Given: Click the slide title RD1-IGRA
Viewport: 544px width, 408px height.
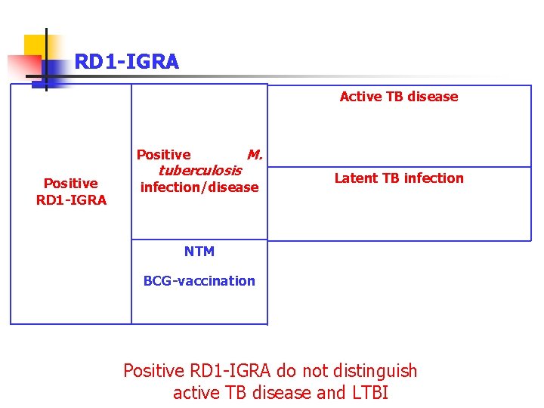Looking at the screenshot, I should [126, 62].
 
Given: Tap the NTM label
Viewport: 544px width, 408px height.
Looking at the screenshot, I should [199, 252].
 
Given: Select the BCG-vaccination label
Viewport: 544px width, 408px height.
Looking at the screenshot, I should [199, 281].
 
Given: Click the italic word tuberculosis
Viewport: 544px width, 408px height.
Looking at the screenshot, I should [199, 171].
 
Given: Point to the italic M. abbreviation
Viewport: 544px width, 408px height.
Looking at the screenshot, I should [255, 155].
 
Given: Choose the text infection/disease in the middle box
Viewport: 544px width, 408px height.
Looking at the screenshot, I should [199, 187].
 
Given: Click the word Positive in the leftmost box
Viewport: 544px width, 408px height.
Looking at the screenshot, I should [71, 184].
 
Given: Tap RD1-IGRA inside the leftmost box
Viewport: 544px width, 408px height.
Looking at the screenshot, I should [71, 200].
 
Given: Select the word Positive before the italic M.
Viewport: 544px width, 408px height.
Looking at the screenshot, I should [163, 155].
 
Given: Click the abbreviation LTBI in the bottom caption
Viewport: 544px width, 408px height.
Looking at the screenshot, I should [369, 394].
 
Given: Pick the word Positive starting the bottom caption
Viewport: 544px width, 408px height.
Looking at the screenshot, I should [153, 371].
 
